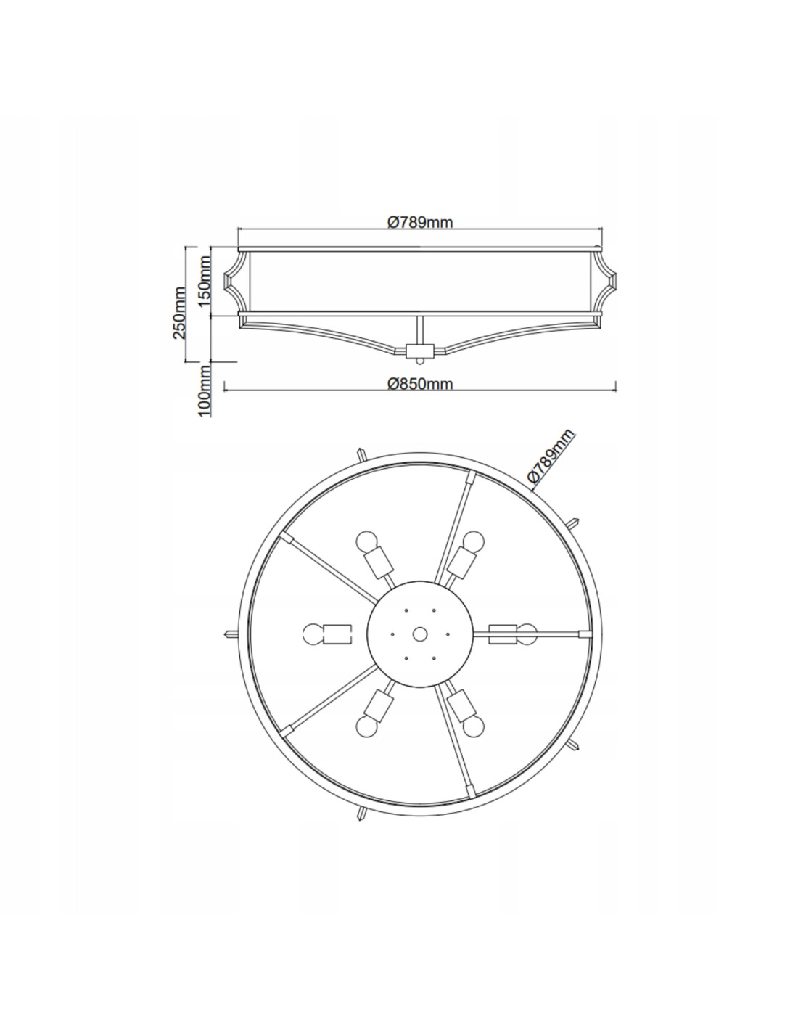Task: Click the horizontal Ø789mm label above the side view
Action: [x=419, y=222]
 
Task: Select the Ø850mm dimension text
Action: [x=419, y=383]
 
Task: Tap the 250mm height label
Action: [x=179, y=313]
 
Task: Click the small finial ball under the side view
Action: [x=419, y=361]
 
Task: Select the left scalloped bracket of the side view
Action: [x=236, y=281]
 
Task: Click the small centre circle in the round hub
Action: [x=419, y=634]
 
